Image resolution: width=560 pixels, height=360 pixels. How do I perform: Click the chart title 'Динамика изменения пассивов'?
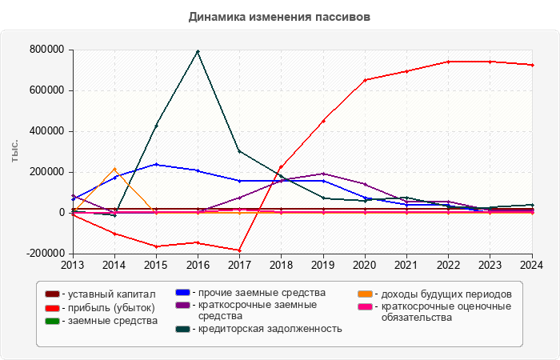coord(280,17)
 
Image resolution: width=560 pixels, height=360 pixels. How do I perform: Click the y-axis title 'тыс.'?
coord(15,150)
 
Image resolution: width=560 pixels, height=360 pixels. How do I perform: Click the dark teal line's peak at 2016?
coord(198,51)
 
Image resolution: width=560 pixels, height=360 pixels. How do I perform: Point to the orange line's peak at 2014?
coord(114,169)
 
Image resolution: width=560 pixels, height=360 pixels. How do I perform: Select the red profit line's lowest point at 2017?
coord(239,250)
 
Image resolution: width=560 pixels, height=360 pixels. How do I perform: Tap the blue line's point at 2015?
coord(156,164)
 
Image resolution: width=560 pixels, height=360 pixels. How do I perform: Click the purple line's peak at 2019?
coord(323,174)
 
